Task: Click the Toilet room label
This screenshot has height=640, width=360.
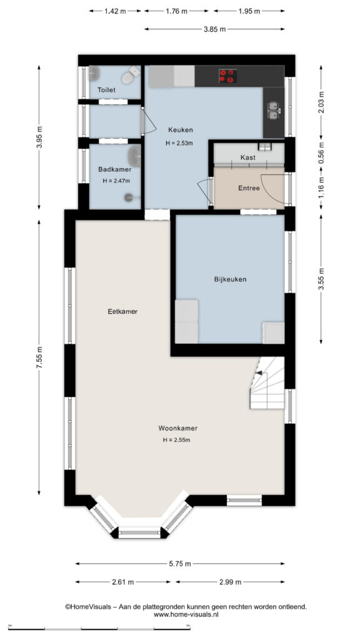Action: coord(106,90)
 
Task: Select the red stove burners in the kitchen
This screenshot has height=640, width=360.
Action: coord(227,76)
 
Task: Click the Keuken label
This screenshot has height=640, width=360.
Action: coord(180,130)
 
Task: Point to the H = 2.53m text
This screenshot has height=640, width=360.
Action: coord(179,143)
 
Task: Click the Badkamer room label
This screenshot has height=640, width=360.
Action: coord(115,169)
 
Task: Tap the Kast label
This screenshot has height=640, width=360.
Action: coord(247,157)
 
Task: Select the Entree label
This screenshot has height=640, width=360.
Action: coord(249,188)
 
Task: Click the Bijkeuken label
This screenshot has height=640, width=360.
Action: coord(230,279)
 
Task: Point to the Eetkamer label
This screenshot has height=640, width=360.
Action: coord(122,311)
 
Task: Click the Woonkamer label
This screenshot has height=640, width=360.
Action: coord(178,429)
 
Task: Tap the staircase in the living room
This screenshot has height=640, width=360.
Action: coord(267,383)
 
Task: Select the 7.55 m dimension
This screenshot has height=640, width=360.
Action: coord(39,357)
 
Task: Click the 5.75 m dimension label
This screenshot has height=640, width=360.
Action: coord(180,564)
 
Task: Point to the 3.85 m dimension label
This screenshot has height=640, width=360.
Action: coord(215,29)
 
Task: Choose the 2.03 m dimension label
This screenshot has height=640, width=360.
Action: coord(321,102)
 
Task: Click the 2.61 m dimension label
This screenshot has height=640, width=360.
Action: coord(123,582)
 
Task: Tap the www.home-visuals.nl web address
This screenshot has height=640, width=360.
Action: coord(186,614)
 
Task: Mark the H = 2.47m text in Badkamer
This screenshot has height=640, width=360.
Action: coord(116,181)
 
